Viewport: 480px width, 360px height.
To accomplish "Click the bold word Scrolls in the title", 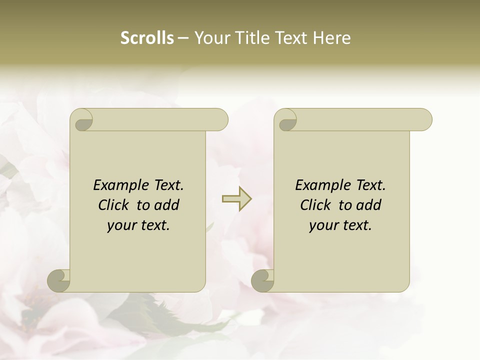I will click(x=147, y=38).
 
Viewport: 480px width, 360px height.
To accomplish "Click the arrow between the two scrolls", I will click(x=237, y=199).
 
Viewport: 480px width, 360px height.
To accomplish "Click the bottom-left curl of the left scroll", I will click(x=58, y=280).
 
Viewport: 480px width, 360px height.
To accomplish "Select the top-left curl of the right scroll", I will click(x=287, y=120).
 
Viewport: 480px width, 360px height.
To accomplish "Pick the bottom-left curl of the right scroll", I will click(x=262, y=280).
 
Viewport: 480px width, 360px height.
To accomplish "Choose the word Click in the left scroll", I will click(x=113, y=205).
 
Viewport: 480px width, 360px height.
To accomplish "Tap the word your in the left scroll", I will click(x=120, y=226).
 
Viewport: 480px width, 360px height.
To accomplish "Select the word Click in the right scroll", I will click(x=315, y=205).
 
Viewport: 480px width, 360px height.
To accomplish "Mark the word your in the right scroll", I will click(x=322, y=226).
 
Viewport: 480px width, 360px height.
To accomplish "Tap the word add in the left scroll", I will click(x=167, y=205).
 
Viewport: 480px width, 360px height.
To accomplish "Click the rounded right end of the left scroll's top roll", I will click(x=220, y=120).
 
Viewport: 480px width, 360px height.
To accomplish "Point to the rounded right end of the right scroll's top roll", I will click(x=424, y=120).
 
